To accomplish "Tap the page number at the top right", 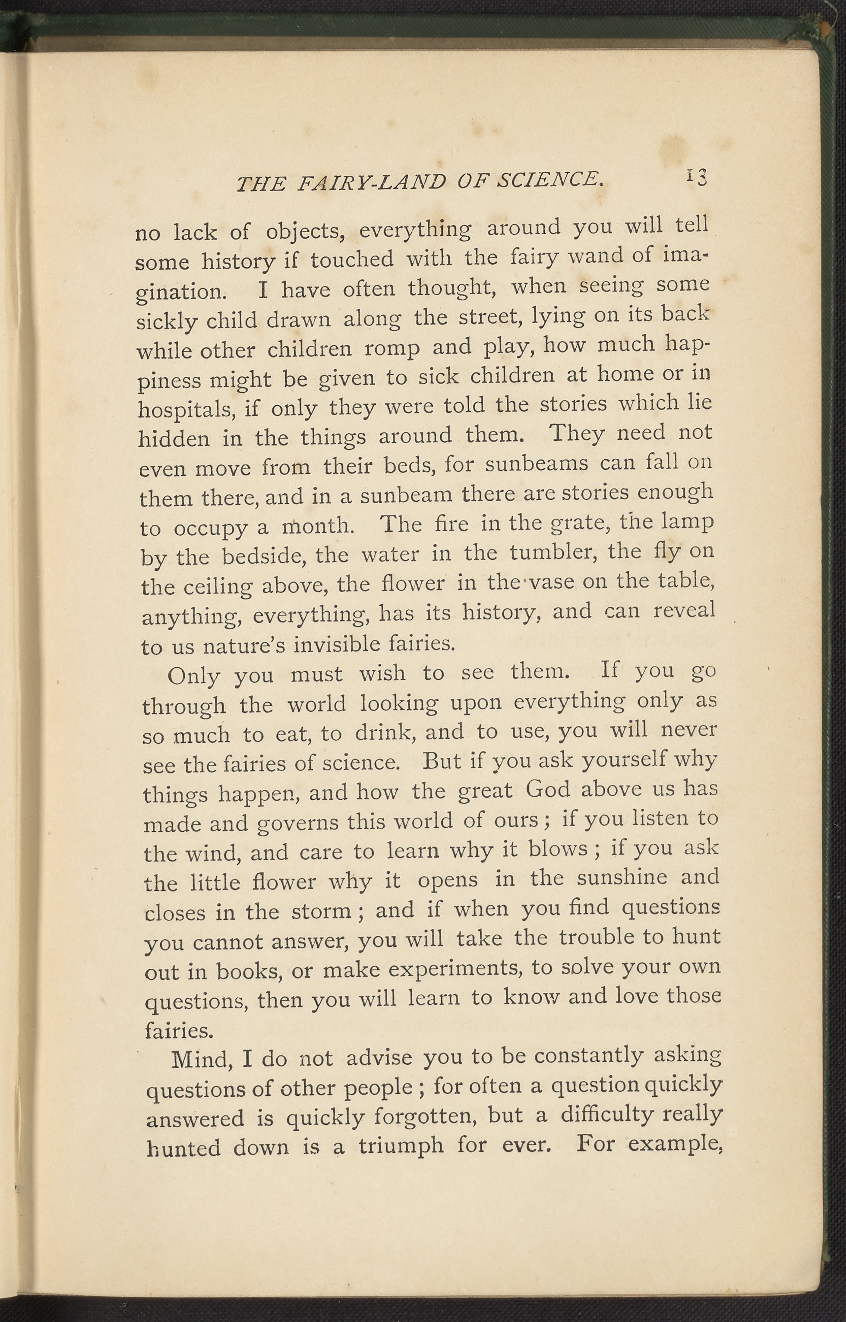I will point(695,177).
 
